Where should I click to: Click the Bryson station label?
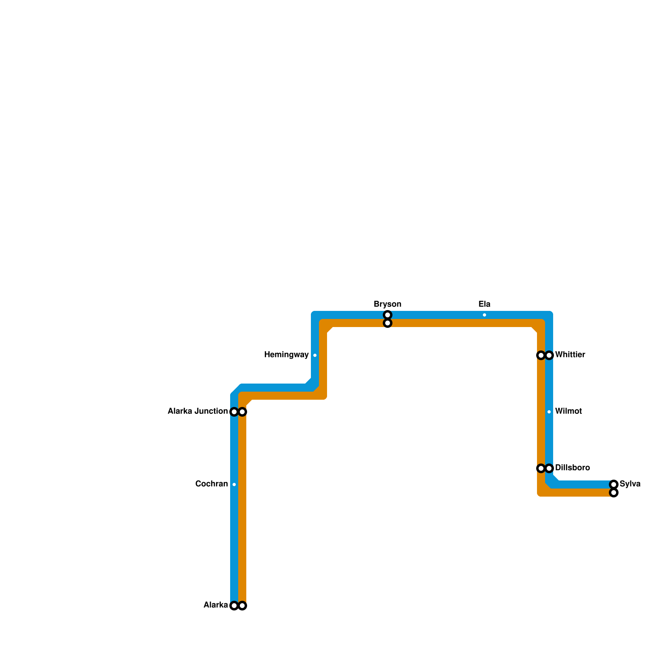tap(387, 304)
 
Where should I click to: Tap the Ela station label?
tap(484, 304)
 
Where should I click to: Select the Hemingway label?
tap(286, 355)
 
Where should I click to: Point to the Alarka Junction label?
tap(197, 411)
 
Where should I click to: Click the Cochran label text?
tap(211, 484)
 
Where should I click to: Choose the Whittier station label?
tap(570, 355)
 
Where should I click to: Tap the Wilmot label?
tap(568, 411)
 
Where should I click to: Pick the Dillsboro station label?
tap(572, 468)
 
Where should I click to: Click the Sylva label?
tap(630, 484)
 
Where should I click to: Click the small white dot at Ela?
tap(484, 315)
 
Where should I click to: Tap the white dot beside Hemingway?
tap(315, 355)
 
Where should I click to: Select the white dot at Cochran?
tap(234, 484)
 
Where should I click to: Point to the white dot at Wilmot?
tap(549, 412)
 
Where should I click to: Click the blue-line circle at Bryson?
tap(388, 315)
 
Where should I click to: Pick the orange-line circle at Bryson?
tap(388, 323)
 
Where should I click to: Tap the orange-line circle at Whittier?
tap(541, 355)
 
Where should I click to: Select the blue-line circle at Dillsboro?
tap(549, 468)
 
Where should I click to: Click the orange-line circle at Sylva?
tap(614, 493)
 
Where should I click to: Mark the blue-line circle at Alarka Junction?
tap(234, 412)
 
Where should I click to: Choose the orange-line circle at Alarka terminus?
tap(242, 606)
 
